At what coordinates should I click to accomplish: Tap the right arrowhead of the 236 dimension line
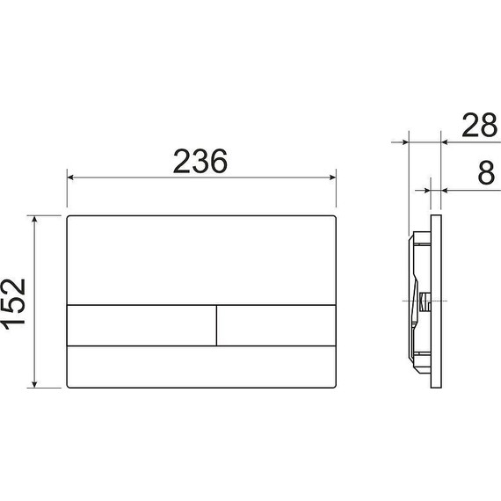(333, 178)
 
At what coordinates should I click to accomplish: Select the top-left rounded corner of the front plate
(70, 216)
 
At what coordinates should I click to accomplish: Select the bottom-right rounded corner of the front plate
(335, 385)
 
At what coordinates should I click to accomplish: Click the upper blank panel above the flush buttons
(202, 259)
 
